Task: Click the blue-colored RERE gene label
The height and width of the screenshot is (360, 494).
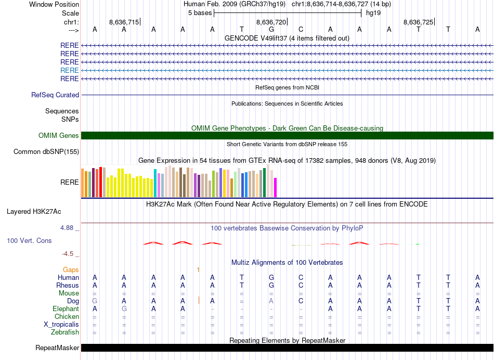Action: (x=70, y=70)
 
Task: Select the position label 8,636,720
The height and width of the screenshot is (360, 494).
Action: (x=271, y=22)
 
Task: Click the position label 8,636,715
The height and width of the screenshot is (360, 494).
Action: (x=124, y=22)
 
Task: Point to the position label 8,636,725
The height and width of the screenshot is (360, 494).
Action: (x=418, y=22)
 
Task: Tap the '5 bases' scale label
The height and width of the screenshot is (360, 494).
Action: (x=200, y=12)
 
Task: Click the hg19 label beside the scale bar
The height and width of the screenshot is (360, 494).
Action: (x=373, y=12)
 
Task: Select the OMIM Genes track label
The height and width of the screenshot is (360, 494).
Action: (x=59, y=136)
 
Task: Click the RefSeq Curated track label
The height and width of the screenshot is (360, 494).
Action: (x=55, y=95)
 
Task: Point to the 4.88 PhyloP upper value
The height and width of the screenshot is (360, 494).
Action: (x=68, y=228)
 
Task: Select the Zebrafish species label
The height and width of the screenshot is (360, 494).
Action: (x=65, y=332)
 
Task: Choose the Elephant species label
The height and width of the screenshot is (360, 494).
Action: (x=66, y=309)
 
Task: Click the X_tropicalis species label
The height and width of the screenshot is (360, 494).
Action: (x=61, y=325)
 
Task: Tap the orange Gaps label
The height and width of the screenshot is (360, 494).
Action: (x=71, y=270)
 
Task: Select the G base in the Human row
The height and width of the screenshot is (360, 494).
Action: (x=271, y=278)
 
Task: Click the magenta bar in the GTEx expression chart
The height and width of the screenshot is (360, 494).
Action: (x=276, y=187)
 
